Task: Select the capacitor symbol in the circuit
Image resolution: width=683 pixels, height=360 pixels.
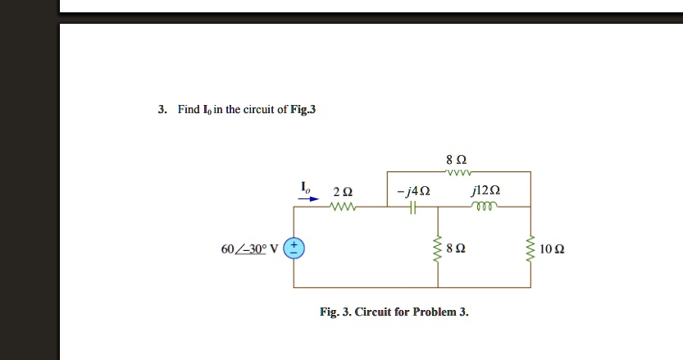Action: click(413, 207)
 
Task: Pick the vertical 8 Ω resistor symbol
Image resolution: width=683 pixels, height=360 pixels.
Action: click(437, 248)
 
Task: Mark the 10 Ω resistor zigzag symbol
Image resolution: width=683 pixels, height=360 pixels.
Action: click(530, 248)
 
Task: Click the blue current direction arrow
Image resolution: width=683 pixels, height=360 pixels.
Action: click(307, 198)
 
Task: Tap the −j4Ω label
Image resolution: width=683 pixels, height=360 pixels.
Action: click(412, 192)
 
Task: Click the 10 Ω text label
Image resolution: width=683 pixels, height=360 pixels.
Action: click(553, 248)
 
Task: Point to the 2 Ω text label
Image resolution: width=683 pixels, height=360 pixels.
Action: click(343, 192)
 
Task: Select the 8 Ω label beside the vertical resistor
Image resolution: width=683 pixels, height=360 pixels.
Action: click(458, 248)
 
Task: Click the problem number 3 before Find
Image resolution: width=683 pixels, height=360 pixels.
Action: click(162, 109)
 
